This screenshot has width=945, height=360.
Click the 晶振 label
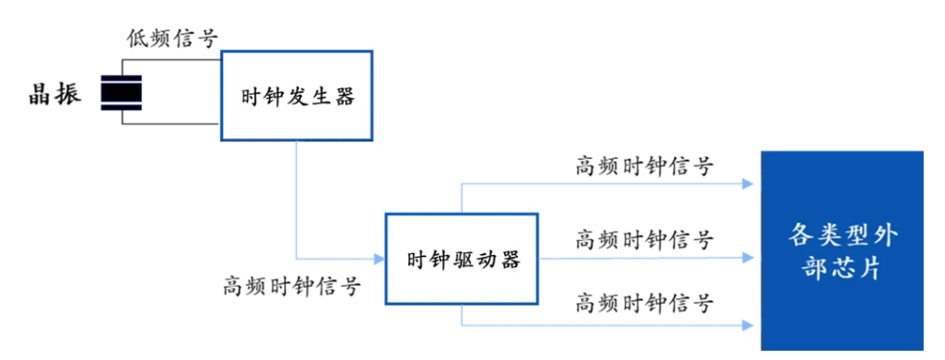point(55,93)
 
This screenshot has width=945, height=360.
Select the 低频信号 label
point(172,38)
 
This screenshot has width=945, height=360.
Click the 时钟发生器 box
point(296,96)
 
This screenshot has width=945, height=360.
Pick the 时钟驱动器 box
point(463,259)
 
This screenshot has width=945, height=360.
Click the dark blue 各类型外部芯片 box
point(842,251)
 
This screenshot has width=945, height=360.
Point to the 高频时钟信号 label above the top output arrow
point(644,166)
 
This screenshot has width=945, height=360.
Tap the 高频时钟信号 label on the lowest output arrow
point(644,302)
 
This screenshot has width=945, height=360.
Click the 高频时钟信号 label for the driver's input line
point(291,286)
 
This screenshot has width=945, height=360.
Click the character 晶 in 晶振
point(41,93)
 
